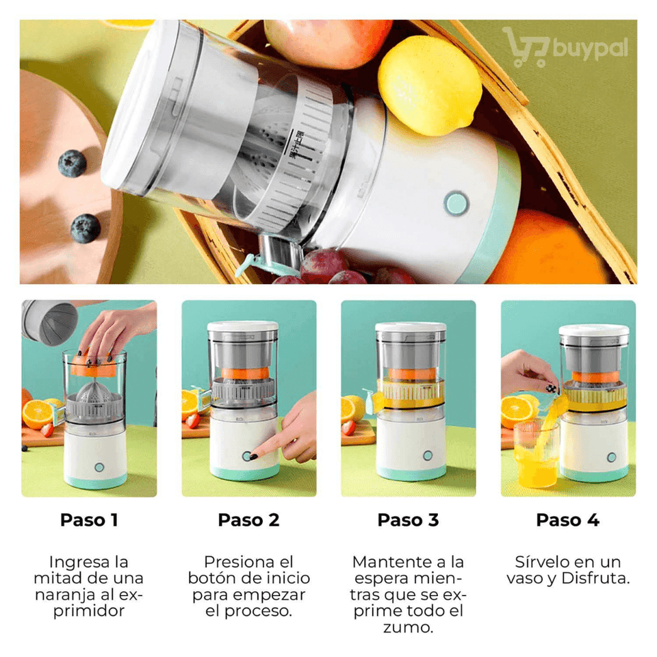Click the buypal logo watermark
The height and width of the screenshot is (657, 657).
565,48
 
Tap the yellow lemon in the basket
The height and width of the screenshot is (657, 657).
429,85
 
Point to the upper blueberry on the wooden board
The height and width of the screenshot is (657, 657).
72,163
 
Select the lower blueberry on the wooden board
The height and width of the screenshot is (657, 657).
85,229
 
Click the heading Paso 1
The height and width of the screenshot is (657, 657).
89,520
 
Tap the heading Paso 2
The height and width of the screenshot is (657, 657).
248,520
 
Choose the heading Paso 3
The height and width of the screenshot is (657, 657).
408,520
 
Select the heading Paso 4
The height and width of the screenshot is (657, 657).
568,520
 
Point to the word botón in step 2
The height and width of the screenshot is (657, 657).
210,578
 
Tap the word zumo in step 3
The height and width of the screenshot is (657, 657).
408,628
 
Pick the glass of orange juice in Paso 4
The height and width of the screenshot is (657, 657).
537,454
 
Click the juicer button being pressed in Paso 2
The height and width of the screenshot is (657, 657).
247,456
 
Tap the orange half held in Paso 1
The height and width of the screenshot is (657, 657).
94,365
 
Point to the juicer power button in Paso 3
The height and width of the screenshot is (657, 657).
427,456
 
